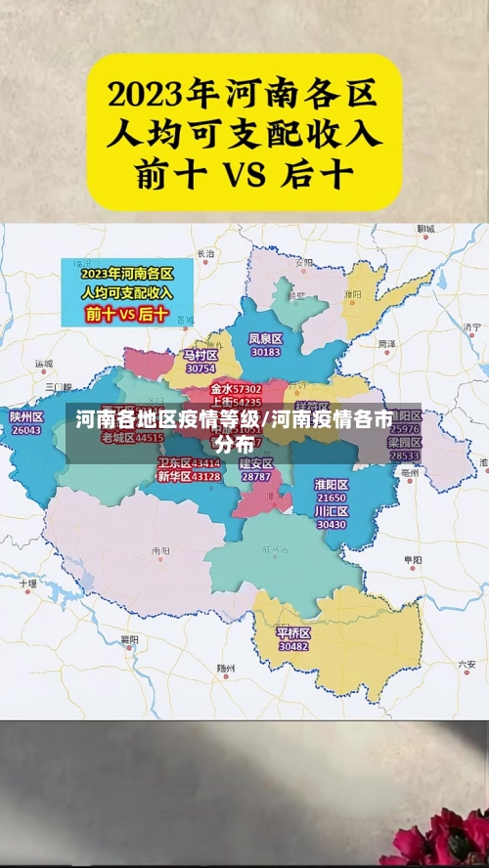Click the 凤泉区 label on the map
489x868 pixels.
click(x=265, y=338)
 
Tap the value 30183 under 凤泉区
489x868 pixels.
click(x=265, y=352)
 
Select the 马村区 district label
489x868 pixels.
click(x=200, y=355)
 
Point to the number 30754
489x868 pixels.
click(x=200, y=369)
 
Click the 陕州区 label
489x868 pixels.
click(x=26, y=416)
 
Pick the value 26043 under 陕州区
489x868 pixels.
click(x=26, y=430)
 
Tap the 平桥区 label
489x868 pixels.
click(x=293, y=632)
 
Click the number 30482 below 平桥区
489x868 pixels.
click(x=293, y=646)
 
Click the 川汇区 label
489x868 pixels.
click(x=332, y=511)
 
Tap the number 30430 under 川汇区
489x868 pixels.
click(x=332, y=525)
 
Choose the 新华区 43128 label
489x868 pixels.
click(x=189, y=476)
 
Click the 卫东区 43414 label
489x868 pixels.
click(x=189, y=463)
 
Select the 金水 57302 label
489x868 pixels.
click(x=236, y=389)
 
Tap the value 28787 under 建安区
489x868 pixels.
click(x=256, y=476)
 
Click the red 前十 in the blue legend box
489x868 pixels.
click(x=100, y=314)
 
